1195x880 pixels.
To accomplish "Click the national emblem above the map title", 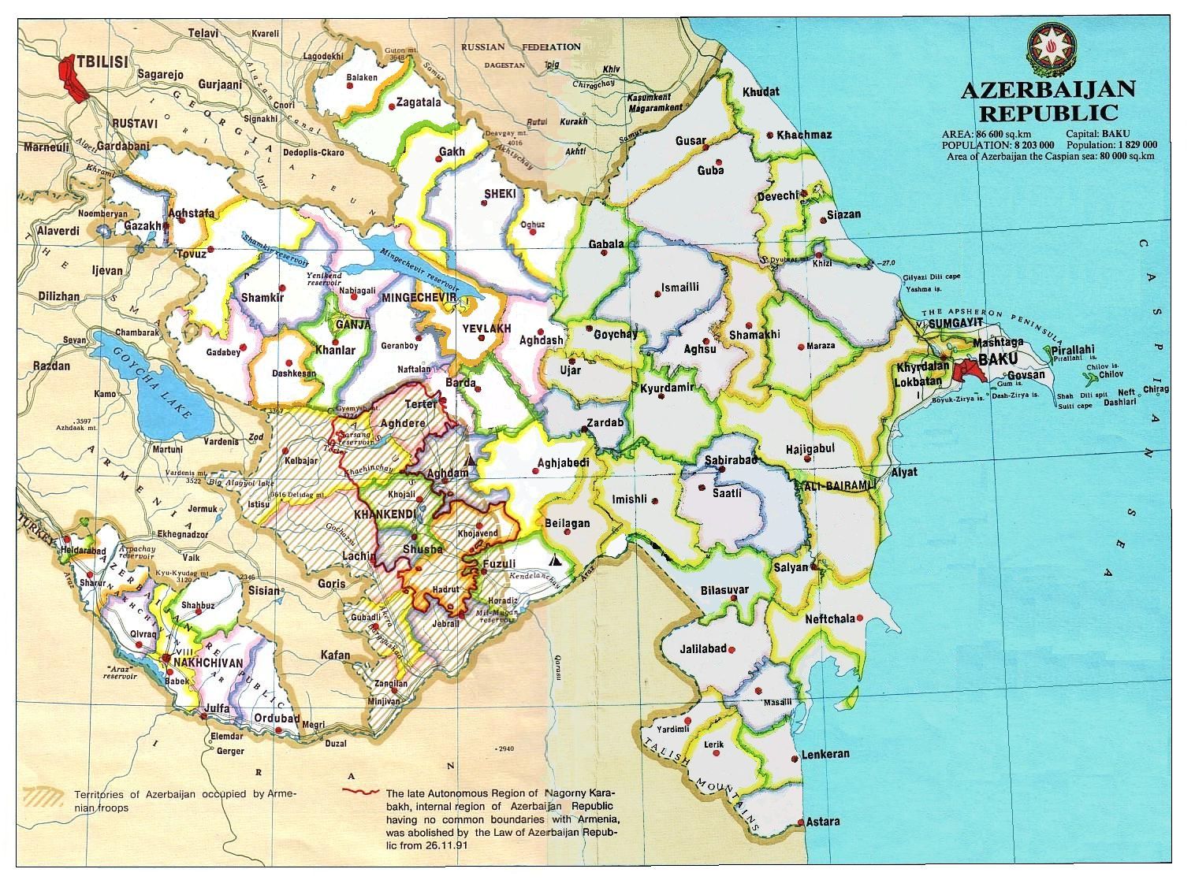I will (x=1052, y=49).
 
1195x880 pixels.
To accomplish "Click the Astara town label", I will (x=823, y=821).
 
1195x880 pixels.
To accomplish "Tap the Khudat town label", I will (x=760, y=91).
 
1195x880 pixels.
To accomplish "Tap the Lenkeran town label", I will (x=825, y=754).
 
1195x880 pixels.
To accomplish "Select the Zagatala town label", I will (x=418, y=102).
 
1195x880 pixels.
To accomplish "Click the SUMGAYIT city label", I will (x=955, y=324).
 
